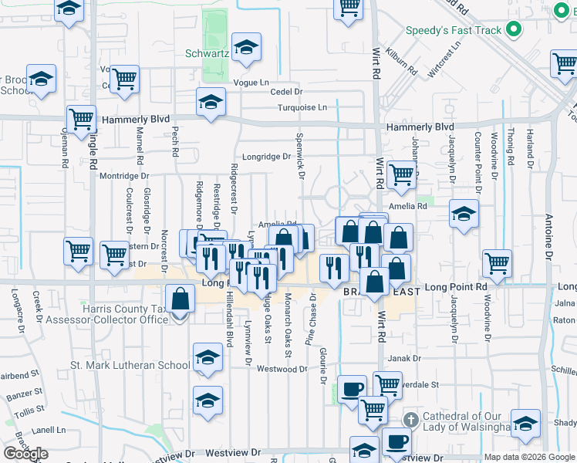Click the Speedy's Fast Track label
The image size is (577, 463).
point(454,32)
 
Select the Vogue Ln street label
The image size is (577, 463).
point(254,82)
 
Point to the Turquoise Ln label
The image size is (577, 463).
point(302,107)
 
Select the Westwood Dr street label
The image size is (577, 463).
point(282,369)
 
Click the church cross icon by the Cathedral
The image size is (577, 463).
point(411,421)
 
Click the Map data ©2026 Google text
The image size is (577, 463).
point(529,457)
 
